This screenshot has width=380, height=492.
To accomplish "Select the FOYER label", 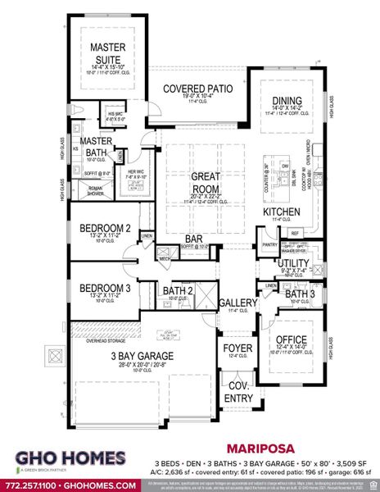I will click(237, 348).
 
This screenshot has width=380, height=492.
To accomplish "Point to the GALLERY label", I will click(237, 303).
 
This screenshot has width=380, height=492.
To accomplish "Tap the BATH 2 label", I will click(177, 290).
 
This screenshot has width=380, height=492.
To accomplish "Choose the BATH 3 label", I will click(300, 294).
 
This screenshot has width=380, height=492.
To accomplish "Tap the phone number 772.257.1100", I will click(33, 485).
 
